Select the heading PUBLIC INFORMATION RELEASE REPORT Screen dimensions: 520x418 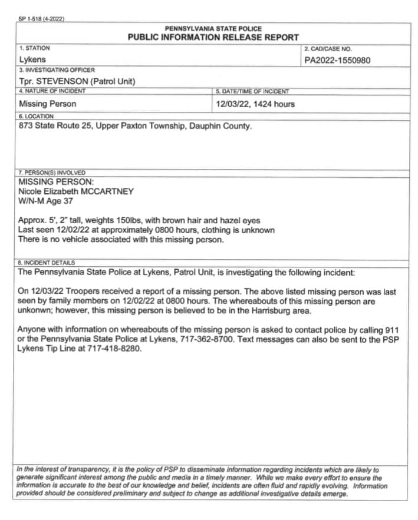coord(213,37)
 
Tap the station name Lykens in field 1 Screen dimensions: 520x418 coord(32,59)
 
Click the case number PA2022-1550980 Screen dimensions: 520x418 coord(337,59)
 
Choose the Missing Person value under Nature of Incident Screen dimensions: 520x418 coord(48,104)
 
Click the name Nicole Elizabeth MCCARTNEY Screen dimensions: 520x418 coord(76,191)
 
